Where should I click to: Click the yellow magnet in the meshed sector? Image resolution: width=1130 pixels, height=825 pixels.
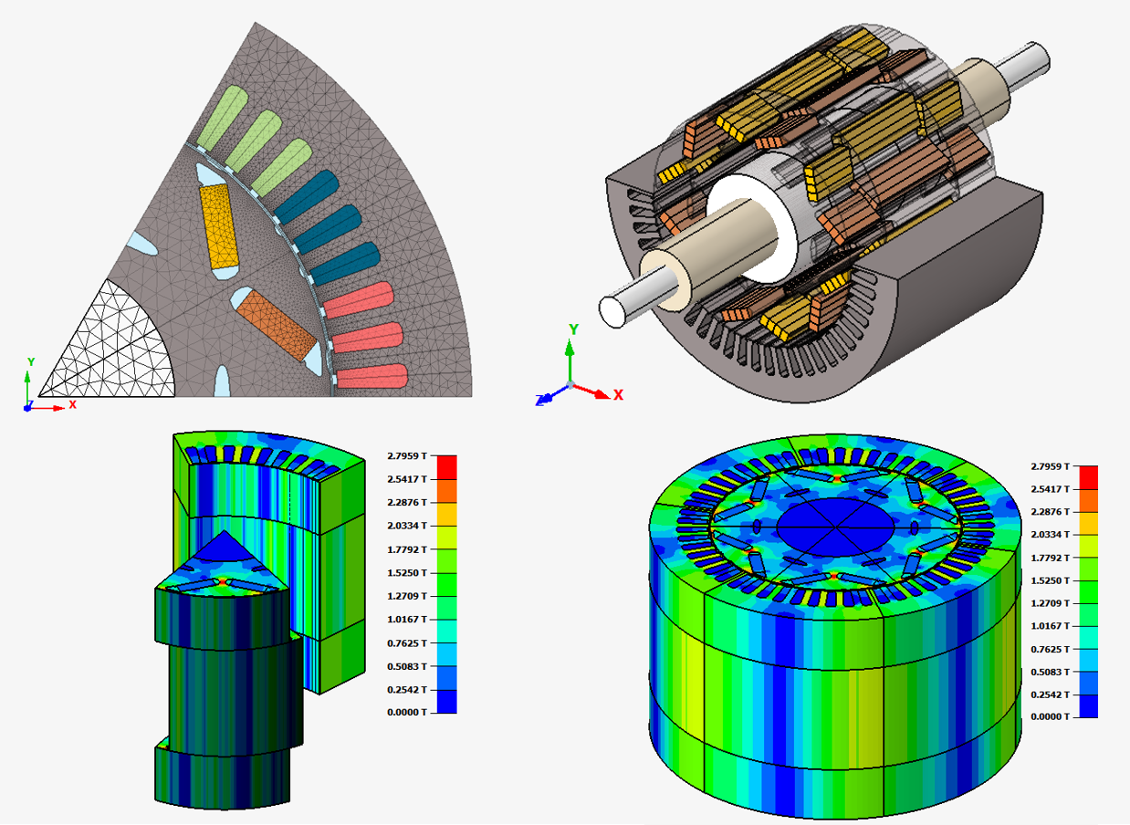point(218,226)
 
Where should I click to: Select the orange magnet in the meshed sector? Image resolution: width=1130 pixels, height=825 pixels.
point(277,324)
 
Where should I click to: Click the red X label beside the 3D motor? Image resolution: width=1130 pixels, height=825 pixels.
point(619,395)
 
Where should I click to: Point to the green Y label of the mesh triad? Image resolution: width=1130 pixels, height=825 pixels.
point(31,362)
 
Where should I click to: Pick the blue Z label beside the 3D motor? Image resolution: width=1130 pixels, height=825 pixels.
point(539,401)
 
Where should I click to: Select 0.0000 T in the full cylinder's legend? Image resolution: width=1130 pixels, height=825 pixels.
point(1050,716)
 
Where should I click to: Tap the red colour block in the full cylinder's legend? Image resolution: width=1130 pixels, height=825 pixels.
point(1089,477)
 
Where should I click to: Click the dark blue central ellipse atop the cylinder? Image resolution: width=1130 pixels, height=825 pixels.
point(835,527)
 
